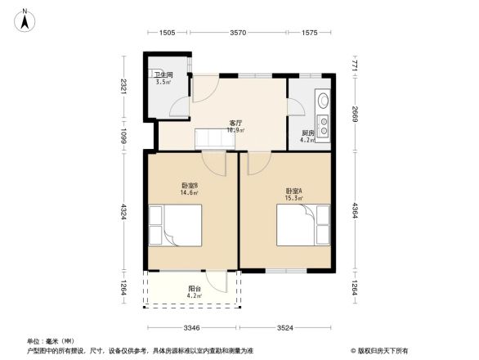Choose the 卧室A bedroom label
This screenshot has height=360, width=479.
(292, 191)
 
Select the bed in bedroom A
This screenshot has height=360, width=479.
(302, 224)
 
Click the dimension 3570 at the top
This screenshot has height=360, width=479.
(238, 33)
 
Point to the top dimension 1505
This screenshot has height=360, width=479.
(167, 33)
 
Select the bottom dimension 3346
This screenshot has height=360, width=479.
(192, 328)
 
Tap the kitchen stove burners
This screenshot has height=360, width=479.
(323, 125)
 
